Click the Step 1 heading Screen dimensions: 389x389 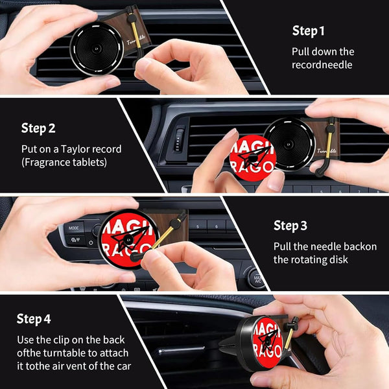pyautogui.click(x=309, y=30)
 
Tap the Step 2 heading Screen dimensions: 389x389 pyautogui.click(x=38, y=128)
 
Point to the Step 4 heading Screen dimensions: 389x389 pyautogui.click(x=34, y=319)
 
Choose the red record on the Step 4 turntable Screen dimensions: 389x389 pyautogui.click(x=266, y=348)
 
